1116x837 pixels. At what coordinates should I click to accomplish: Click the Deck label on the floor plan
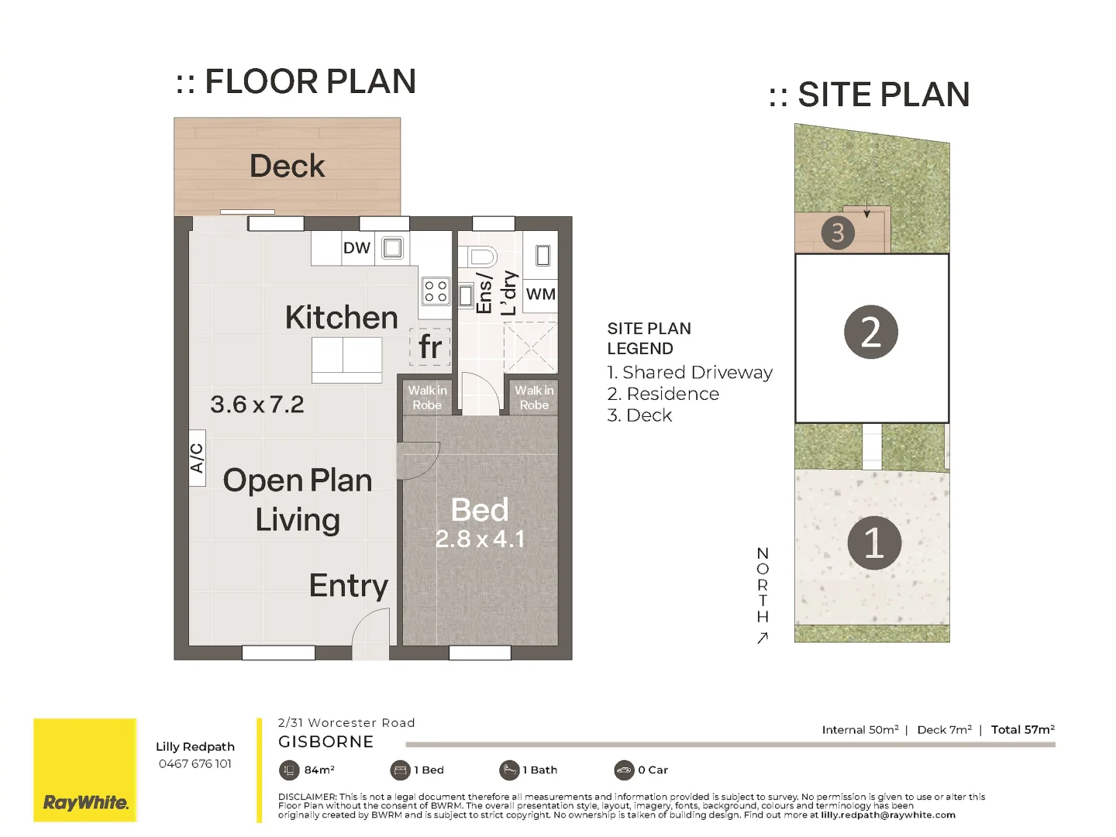click(x=287, y=166)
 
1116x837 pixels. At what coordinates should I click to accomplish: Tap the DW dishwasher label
click(x=356, y=248)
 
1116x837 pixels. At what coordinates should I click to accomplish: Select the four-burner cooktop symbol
click(x=436, y=291)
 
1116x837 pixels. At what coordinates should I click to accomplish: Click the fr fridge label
click(x=430, y=346)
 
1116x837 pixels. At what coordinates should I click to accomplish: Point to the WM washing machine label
click(x=540, y=294)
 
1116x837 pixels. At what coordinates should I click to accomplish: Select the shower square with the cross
click(x=530, y=348)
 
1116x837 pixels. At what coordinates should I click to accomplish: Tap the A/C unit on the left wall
click(x=197, y=458)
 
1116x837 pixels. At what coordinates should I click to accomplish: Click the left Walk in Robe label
click(x=427, y=398)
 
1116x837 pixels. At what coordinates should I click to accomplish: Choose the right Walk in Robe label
click(x=534, y=398)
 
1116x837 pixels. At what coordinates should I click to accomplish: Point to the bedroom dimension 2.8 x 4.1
click(x=480, y=539)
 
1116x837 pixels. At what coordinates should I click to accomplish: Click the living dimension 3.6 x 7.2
click(x=257, y=405)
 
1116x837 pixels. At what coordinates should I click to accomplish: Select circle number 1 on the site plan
click(x=873, y=542)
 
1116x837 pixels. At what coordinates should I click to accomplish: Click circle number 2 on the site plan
click(x=870, y=332)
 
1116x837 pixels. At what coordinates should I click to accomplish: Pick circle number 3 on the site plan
click(x=837, y=232)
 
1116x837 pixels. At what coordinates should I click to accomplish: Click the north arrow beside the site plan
click(x=763, y=638)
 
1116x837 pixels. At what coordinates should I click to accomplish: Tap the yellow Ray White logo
click(x=85, y=770)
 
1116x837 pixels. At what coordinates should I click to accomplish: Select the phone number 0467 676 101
click(x=195, y=764)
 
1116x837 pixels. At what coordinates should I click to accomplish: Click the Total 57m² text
click(x=1022, y=730)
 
